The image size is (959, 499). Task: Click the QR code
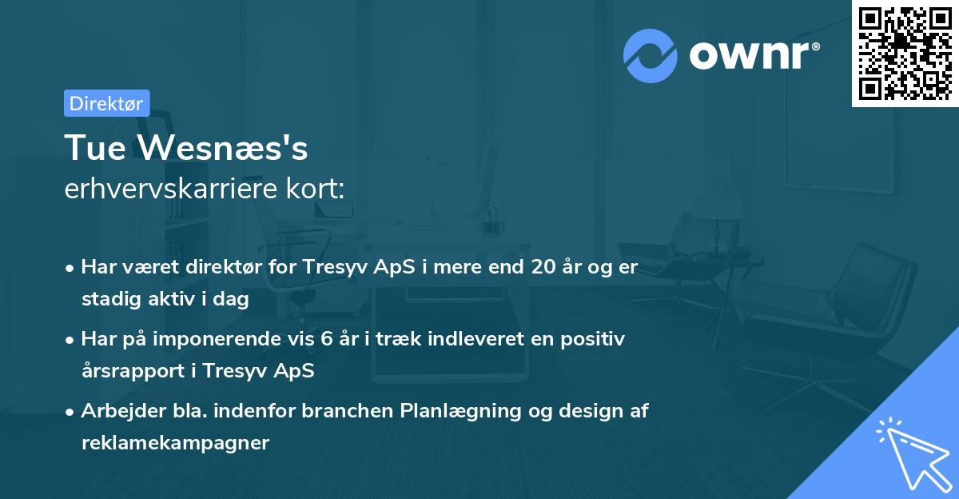point(905,53)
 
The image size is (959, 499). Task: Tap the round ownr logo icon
point(651,55)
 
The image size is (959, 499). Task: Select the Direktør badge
point(106,103)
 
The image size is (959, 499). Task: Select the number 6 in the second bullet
point(325,339)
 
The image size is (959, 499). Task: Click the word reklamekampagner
point(175,443)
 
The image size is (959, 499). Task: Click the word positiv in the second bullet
point(595,339)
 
